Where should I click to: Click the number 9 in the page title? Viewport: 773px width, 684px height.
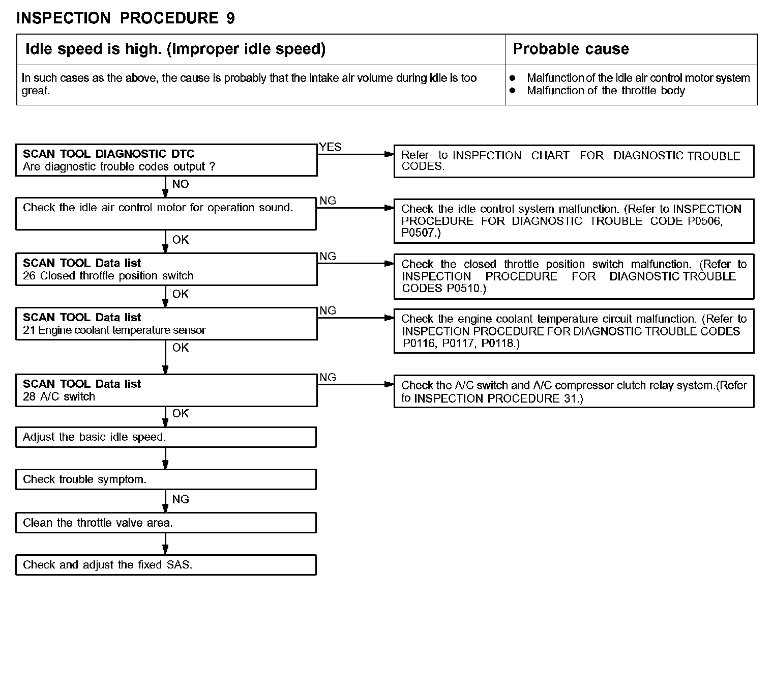coord(230,18)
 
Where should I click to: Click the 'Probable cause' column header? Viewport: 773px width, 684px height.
coord(571,49)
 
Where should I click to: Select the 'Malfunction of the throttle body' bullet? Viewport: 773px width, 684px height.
coord(605,91)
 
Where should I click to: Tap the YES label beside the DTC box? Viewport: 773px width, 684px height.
coord(331,147)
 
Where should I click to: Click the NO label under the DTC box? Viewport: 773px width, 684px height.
coord(181,184)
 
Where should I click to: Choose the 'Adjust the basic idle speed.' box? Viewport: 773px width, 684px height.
coord(166,437)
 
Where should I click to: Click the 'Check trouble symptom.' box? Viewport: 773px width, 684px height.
coord(166,479)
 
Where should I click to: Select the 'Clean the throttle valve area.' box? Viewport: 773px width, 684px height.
coord(166,523)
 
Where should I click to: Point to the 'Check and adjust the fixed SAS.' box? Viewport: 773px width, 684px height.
coord(166,565)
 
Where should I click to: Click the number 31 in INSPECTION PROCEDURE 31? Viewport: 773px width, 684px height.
coord(570,398)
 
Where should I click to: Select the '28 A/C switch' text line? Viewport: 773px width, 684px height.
coord(59,397)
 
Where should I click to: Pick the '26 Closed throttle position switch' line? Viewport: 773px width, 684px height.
coord(108,276)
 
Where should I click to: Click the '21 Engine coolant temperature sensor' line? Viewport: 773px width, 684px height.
coord(114,330)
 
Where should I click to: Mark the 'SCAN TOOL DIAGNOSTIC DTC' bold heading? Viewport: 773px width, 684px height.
coord(108,154)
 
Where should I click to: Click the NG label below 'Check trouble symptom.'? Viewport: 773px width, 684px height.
coord(181,499)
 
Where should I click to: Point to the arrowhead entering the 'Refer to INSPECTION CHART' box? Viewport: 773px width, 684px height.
coord(390,154)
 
